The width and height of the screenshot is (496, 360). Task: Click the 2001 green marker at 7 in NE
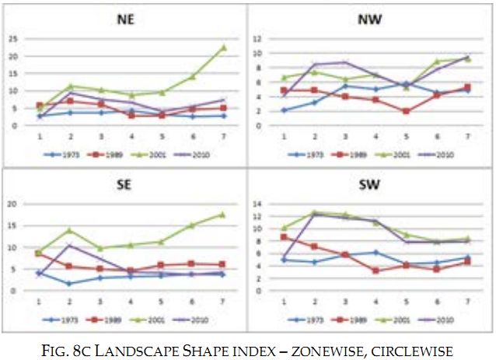pyautogui.click(x=224, y=47)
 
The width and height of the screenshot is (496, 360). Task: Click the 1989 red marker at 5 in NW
pyautogui.click(x=405, y=111)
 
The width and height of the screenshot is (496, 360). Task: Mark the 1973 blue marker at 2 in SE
pyautogui.click(x=70, y=284)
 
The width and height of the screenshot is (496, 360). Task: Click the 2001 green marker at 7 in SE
pyautogui.click(x=224, y=215)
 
